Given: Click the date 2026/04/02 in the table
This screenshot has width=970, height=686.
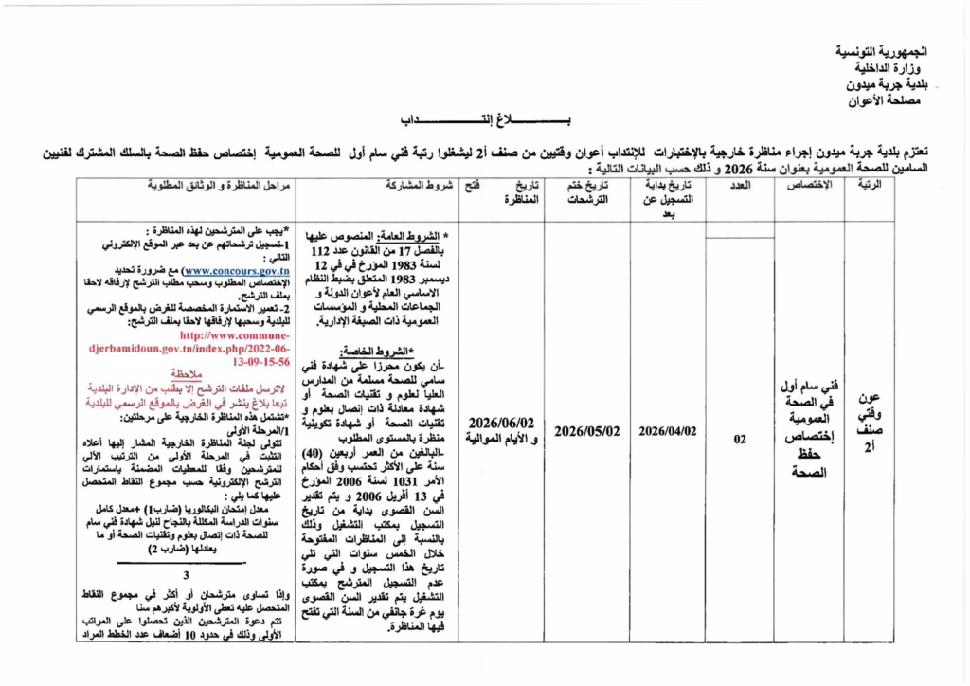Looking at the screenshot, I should click(x=668, y=430).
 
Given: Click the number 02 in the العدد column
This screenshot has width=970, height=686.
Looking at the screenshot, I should click(x=740, y=439).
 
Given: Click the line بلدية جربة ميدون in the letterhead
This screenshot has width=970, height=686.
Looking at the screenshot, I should click(x=885, y=83).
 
